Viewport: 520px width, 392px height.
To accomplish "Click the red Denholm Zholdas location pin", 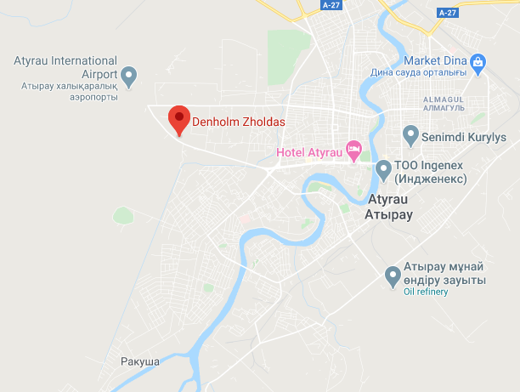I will (178, 120).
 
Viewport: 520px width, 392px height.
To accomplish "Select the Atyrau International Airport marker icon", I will (129, 77).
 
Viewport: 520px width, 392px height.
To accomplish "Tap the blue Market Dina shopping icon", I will (478, 61).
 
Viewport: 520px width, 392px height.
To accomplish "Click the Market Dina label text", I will (437, 61).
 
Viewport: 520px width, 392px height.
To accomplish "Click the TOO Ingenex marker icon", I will (384, 171).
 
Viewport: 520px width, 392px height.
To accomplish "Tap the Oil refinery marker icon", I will (393, 276).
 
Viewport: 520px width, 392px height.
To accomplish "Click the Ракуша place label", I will (140, 361).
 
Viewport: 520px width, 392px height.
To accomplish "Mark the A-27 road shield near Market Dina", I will (447, 14).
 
